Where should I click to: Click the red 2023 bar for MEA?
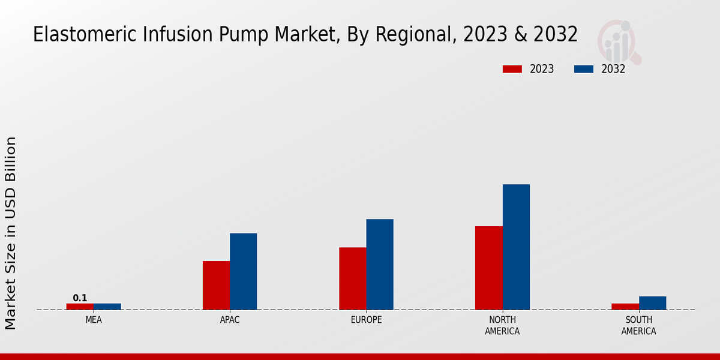[x=80, y=307]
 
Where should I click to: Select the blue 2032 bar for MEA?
[x=107, y=307]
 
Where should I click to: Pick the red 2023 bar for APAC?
[x=216, y=286]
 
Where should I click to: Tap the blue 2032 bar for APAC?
[x=244, y=272]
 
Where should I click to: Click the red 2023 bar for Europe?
[x=353, y=278]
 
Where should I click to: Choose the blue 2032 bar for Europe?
[x=380, y=265]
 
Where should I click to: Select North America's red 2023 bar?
[x=489, y=268]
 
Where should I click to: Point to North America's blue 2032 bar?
[x=516, y=247]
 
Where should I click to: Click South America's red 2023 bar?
[x=625, y=307]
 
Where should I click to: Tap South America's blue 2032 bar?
[x=652, y=303]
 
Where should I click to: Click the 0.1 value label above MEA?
[x=80, y=298]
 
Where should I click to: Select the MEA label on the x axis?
[x=94, y=320]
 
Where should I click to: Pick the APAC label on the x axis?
[x=230, y=320]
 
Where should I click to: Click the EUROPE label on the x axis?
[x=366, y=320]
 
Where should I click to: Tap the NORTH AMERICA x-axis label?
[x=502, y=326]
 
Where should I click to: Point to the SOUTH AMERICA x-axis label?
[x=638, y=326]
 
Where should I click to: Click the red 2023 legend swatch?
[x=512, y=69]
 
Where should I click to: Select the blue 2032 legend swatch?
[x=584, y=69]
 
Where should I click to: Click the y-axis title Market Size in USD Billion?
[x=11, y=233]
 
